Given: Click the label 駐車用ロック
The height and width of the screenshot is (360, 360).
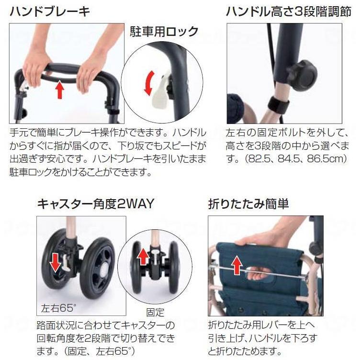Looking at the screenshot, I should tap(164, 32).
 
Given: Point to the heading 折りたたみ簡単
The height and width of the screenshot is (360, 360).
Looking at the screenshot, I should tap(248, 203).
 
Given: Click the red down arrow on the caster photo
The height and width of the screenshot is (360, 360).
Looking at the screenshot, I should tap(56, 261).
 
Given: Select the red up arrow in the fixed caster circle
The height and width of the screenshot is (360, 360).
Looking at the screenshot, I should tap(143, 257).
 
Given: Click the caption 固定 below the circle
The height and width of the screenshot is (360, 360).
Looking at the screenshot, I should tap(156, 313).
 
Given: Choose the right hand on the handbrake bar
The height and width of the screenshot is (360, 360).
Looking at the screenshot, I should tap(93, 67).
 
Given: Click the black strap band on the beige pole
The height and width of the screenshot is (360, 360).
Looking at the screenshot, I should tap(277, 102).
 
